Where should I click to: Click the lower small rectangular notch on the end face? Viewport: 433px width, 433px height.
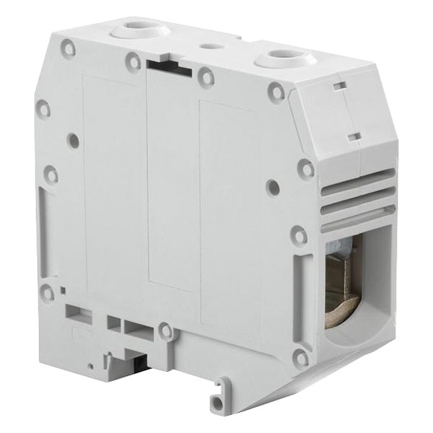tap(354, 135)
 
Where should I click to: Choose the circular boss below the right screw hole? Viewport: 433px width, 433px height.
tap(275, 92)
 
